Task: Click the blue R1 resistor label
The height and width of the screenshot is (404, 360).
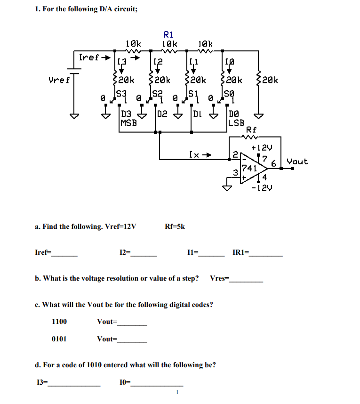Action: coord(168,34)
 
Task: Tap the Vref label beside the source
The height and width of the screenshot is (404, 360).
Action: coord(59,80)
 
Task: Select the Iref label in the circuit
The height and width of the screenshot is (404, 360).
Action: coord(89,57)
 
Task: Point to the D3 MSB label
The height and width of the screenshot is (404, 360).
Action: coord(128,118)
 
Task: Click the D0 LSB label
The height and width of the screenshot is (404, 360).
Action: coord(235,118)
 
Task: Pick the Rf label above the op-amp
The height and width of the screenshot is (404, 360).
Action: coord(252,129)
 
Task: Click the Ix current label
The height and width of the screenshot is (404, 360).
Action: coord(195,154)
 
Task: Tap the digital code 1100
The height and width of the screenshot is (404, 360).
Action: coord(59,322)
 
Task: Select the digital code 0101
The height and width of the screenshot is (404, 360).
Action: coord(59,339)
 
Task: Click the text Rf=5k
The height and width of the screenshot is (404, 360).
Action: coord(175,226)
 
